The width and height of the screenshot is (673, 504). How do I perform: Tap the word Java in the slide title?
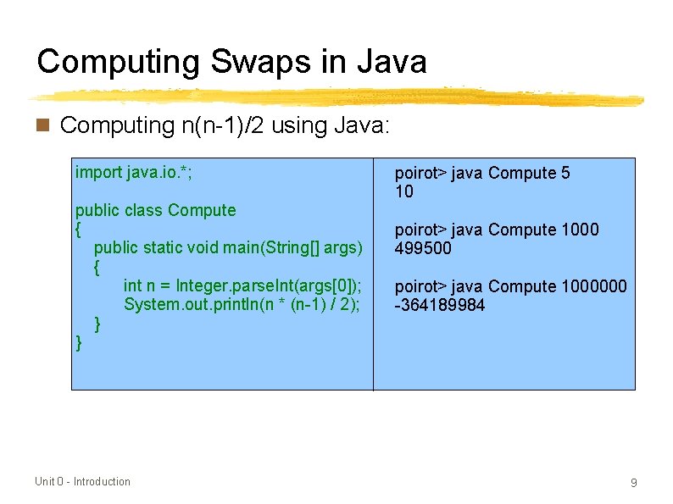[x=391, y=62]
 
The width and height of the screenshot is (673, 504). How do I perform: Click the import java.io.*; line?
[x=140, y=173]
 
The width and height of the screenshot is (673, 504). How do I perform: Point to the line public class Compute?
[x=155, y=210]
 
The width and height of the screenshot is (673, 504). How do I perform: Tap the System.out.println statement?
[x=242, y=304]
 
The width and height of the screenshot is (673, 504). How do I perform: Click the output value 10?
[x=404, y=192]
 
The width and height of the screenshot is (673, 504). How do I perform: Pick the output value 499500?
[x=424, y=248]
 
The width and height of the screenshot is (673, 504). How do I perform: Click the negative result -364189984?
[x=440, y=305]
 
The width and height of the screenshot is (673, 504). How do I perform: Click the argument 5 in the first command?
[x=565, y=174]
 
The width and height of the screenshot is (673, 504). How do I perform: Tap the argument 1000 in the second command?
[x=580, y=230]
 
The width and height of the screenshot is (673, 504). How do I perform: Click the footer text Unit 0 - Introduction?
[x=82, y=482]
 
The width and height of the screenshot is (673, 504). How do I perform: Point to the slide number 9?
[x=633, y=483]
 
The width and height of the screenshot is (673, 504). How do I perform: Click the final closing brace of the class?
[x=79, y=342]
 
